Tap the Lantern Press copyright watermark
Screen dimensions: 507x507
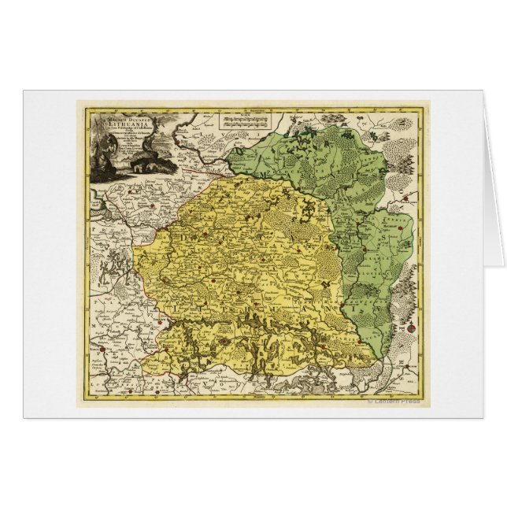[394, 401]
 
